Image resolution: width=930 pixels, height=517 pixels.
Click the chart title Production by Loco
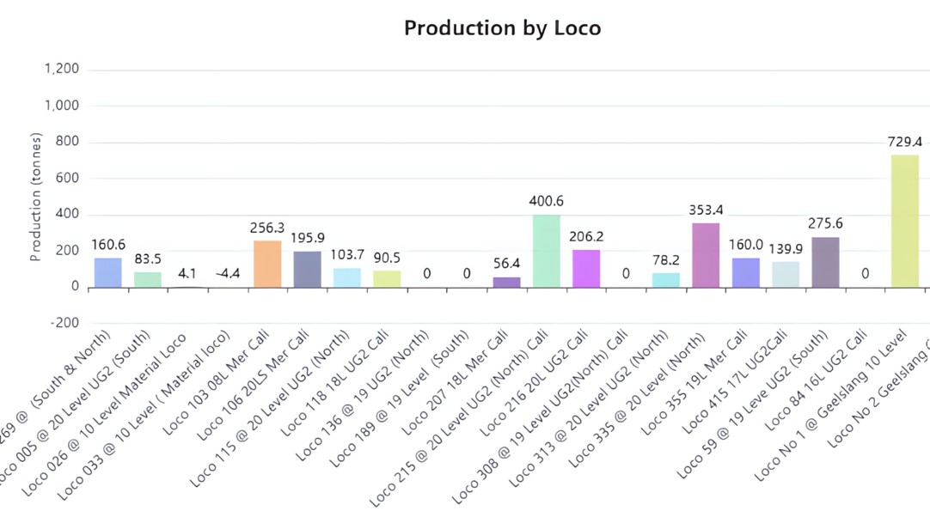pyautogui.click(x=502, y=27)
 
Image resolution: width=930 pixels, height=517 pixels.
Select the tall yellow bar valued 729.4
pyautogui.click(x=904, y=221)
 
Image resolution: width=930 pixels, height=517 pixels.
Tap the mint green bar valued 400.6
pyautogui.click(x=547, y=251)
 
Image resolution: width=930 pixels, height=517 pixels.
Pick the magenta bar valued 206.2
pyautogui.click(x=586, y=268)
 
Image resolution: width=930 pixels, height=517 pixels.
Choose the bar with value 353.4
pyautogui.click(x=706, y=255)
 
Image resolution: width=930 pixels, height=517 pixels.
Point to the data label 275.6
pyautogui.click(x=825, y=223)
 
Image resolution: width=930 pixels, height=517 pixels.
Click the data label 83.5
pyautogui.click(x=148, y=258)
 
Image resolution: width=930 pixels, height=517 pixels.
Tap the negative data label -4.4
pyautogui.click(x=228, y=274)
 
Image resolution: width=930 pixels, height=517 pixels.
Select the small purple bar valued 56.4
pyautogui.click(x=506, y=282)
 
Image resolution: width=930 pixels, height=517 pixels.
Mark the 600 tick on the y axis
pyautogui.click(x=67, y=179)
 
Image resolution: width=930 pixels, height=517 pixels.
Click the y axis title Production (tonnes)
pyautogui.click(x=36, y=197)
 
